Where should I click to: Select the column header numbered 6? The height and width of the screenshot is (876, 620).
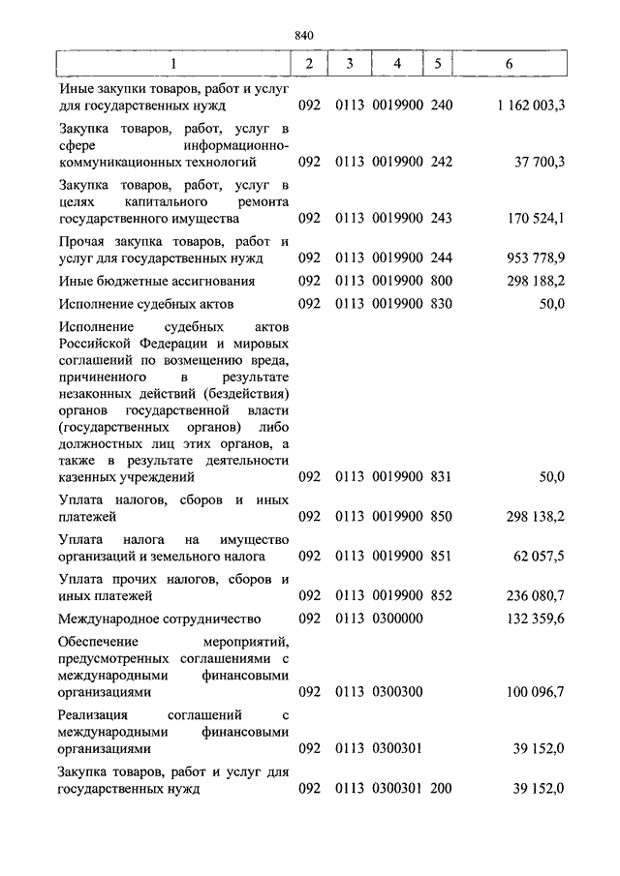click(510, 63)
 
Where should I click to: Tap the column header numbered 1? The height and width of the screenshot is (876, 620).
click(173, 63)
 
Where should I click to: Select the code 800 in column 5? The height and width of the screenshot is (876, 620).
click(441, 281)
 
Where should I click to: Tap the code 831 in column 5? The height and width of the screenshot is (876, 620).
click(441, 476)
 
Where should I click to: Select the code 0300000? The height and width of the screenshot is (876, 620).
click(391, 618)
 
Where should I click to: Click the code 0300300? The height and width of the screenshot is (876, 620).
click(391, 693)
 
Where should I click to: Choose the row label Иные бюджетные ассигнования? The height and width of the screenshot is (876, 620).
click(156, 281)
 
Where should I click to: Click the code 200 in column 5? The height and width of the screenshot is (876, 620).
click(441, 789)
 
